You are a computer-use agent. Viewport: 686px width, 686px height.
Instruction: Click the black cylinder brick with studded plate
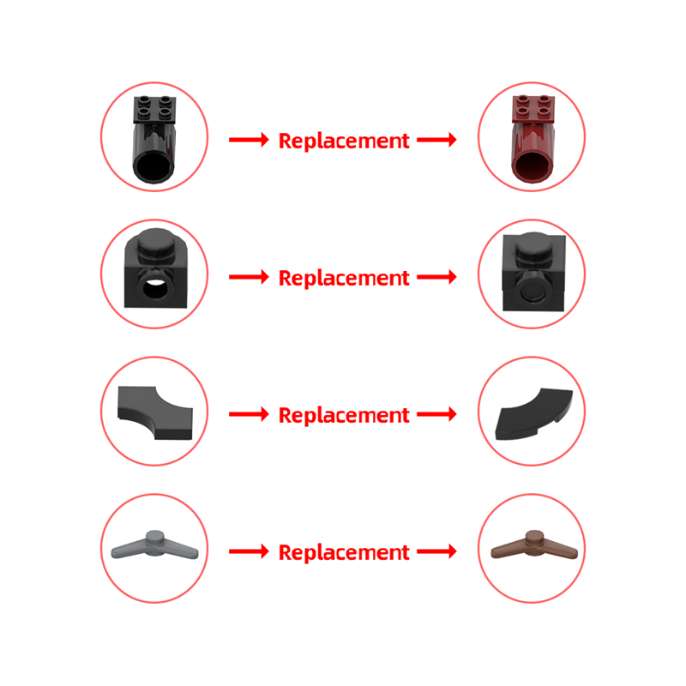(154, 139)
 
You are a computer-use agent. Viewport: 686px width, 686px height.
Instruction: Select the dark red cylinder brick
(533, 139)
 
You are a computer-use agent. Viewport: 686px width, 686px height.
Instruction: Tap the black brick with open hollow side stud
(156, 268)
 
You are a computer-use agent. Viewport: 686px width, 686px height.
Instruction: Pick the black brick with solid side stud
(533, 271)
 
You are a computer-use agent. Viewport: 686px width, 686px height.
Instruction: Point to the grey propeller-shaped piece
(155, 545)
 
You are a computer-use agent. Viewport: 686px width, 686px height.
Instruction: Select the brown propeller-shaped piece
(534, 545)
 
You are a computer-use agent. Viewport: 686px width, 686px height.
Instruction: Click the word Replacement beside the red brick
(344, 141)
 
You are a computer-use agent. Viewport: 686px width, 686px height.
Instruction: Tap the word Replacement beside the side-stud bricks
(344, 278)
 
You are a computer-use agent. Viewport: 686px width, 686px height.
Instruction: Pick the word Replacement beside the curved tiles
(344, 416)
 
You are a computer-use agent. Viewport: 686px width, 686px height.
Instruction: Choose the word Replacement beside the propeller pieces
(344, 552)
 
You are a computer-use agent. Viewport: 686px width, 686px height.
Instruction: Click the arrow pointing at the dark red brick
(436, 140)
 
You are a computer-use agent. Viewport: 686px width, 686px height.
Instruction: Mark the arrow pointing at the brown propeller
(436, 551)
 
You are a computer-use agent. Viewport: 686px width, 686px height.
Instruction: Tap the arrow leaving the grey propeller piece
(249, 551)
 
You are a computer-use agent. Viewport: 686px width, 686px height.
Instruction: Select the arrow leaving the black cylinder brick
(249, 140)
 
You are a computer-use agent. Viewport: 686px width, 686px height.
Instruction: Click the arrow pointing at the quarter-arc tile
(436, 414)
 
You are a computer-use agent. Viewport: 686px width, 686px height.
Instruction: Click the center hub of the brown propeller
(534, 539)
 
